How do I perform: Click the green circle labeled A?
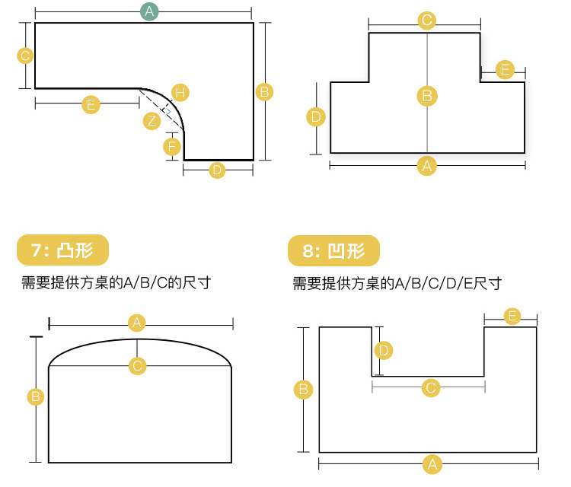click(149, 11)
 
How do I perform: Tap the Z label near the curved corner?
click(152, 120)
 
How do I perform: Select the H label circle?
click(180, 93)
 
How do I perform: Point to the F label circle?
click(173, 145)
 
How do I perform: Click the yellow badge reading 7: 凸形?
click(62, 250)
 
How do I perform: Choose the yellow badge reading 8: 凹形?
click(333, 250)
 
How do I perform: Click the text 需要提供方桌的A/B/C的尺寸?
click(116, 283)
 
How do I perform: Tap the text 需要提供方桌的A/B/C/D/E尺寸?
click(397, 284)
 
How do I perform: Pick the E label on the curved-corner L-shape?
click(91, 104)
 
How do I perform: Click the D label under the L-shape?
click(218, 170)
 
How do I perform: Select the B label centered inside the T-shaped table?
click(427, 96)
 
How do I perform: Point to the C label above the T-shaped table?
click(427, 21)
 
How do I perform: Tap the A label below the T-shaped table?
click(427, 165)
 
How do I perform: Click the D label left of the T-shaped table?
click(316, 117)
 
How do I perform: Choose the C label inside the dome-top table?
click(137, 366)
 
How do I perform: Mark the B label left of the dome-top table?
click(35, 396)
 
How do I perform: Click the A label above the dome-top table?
click(137, 323)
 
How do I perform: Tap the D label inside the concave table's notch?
click(384, 350)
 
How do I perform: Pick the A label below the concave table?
click(432, 463)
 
